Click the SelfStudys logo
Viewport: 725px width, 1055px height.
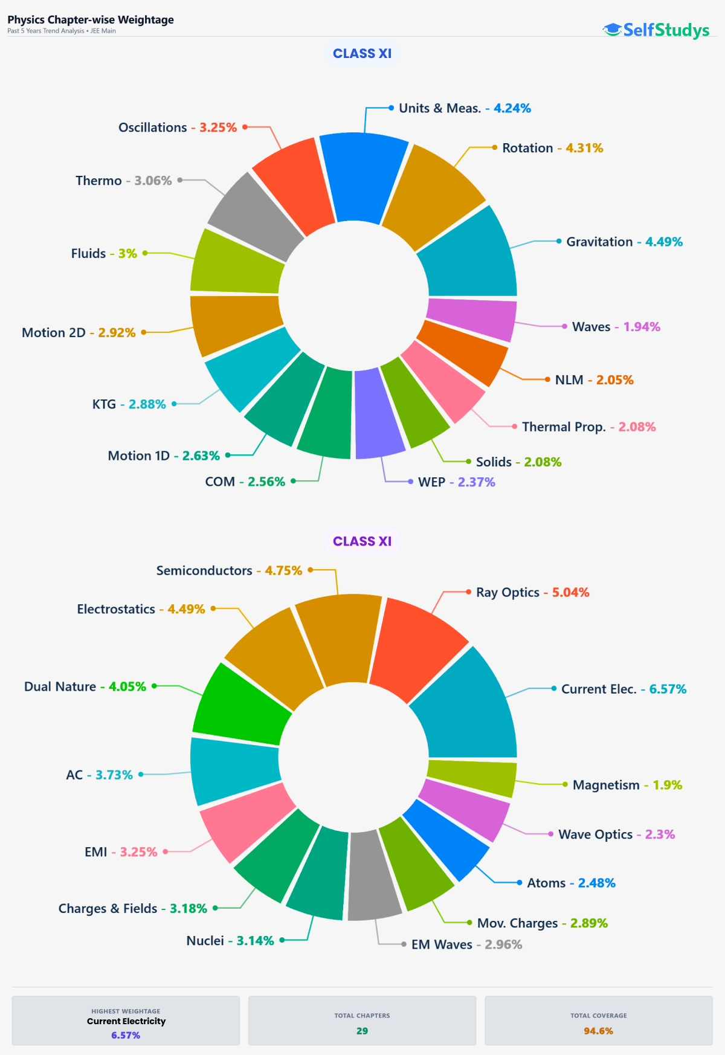[656, 30]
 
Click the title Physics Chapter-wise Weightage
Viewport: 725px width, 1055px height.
[91, 19]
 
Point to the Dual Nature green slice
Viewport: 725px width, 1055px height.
[242, 704]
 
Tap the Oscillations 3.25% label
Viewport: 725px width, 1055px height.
[178, 127]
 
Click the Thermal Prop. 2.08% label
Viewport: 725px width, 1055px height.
[588, 427]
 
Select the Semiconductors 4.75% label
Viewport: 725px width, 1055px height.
[229, 570]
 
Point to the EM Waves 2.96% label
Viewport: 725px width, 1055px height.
[466, 944]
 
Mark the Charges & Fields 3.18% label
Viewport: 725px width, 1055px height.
[132, 908]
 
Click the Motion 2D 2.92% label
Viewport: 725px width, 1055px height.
[79, 332]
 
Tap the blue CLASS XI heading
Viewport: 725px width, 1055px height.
[362, 53]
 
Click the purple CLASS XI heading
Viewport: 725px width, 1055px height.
[362, 541]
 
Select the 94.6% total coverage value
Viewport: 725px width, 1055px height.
[598, 1031]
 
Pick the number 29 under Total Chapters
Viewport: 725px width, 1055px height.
[362, 1031]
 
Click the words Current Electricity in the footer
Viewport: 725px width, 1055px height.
[126, 1021]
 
